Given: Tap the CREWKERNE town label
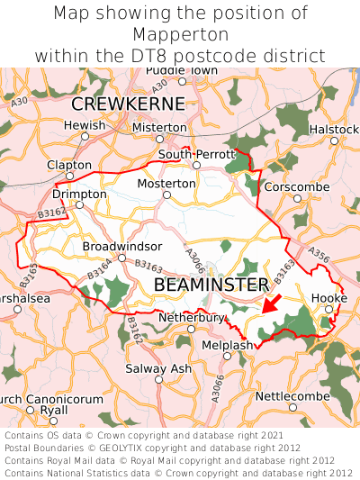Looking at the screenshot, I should (128, 104).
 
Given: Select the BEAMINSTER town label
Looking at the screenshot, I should (211, 285).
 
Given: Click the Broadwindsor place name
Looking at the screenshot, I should (122, 246).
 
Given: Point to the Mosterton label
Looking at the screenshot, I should (166, 184).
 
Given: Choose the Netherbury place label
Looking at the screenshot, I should (191, 318).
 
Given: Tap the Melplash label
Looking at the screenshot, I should (227, 345).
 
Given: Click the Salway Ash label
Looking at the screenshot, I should (157, 368).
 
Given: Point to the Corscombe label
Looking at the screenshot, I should (297, 186).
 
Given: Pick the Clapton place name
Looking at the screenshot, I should (68, 165).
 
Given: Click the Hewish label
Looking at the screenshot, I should (85, 125).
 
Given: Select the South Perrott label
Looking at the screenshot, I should (195, 155).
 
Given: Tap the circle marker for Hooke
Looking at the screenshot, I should (328, 309).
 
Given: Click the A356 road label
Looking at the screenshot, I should (319, 255).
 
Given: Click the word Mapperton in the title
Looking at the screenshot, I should (179, 34).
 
